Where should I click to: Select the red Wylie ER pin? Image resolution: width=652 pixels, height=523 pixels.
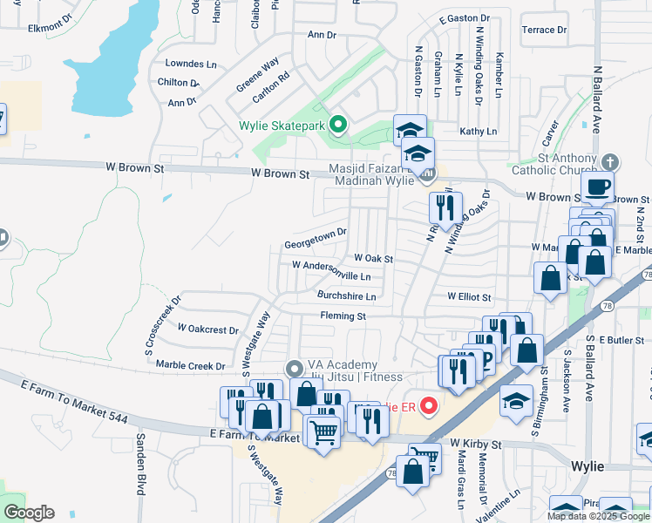point(428,406)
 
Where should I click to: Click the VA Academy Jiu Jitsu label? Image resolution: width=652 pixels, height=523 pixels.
point(355,370)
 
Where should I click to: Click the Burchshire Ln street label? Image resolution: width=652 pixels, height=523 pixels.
point(346,296)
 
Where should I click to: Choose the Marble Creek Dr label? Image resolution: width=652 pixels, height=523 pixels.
point(190,366)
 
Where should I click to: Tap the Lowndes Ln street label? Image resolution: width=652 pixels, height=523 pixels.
point(191,64)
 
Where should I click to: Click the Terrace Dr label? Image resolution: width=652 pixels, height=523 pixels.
point(544,30)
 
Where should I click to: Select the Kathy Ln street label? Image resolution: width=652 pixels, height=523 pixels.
point(478,131)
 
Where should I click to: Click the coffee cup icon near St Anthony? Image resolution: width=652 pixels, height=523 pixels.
point(598,187)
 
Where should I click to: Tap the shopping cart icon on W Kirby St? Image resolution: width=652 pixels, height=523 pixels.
point(425,457)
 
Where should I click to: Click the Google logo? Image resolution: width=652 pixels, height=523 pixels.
point(29,513)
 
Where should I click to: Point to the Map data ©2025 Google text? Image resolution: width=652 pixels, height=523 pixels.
point(598,516)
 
